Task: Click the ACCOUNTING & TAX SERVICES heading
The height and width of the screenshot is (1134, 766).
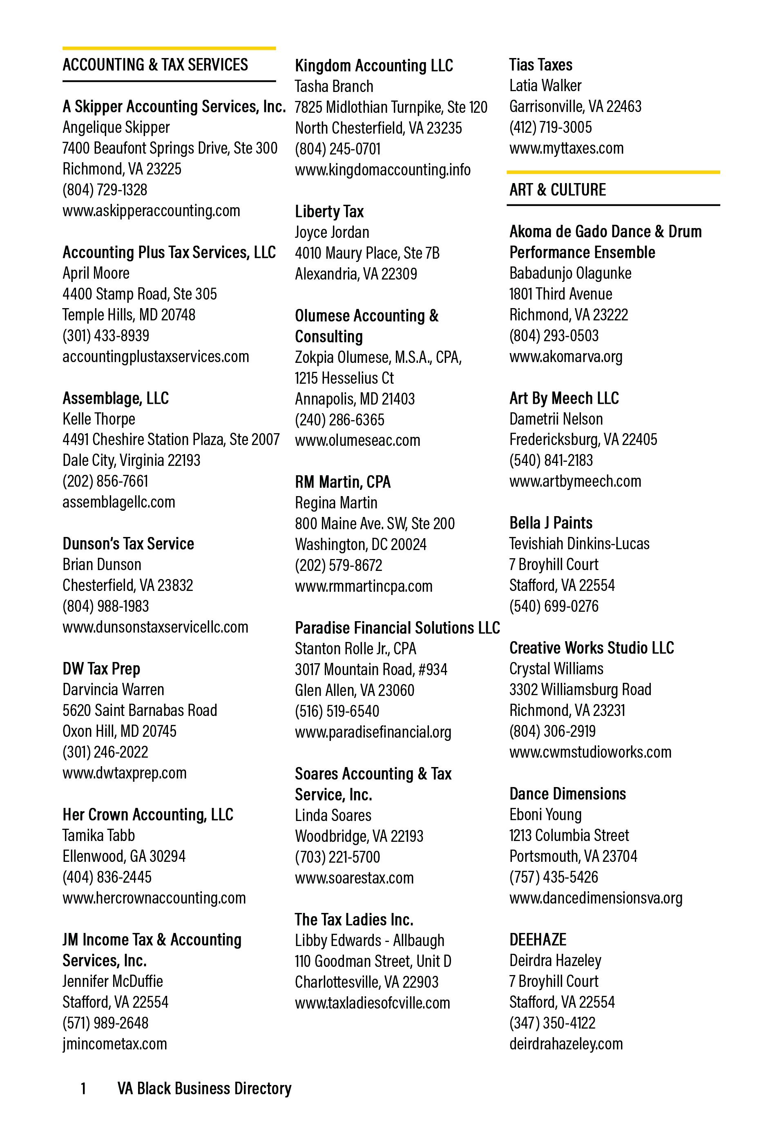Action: tap(155, 65)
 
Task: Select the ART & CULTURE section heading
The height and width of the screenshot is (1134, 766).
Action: tap(557, 190)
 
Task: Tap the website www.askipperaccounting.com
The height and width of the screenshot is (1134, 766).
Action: tap(151, 211)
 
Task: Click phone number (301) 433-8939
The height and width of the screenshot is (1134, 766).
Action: tap(106, 336)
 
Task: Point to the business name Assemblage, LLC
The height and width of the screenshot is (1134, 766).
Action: tap(116, 398)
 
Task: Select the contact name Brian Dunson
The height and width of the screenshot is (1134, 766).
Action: tap(102, 565)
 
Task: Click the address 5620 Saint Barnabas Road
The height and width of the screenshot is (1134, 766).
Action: tap(140, 711)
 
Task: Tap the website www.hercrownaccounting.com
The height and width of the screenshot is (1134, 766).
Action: tap(154, 898)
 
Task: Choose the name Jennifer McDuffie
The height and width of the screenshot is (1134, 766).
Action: tap(113, 981)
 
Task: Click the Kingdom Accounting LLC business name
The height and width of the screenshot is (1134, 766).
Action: tap(374, 65)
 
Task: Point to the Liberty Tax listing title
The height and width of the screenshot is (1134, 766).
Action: tap(329, 212)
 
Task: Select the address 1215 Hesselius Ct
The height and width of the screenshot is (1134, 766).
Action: tap(344, 378)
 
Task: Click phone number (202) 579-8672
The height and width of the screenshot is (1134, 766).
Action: tap(339, 565)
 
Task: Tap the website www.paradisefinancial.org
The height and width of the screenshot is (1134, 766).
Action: tap(373, 732)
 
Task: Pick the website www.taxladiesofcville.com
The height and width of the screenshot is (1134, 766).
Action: tap(372, 1003)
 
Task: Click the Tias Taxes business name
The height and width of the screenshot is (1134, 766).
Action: tap(540, 65)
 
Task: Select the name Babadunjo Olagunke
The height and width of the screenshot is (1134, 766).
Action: tap(570, 273)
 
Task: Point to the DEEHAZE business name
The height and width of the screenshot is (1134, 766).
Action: tap(538, 940)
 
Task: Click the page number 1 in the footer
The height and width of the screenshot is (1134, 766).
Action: tap(83, 1089)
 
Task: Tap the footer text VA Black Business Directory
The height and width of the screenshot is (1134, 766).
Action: tap(204, 1089)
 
